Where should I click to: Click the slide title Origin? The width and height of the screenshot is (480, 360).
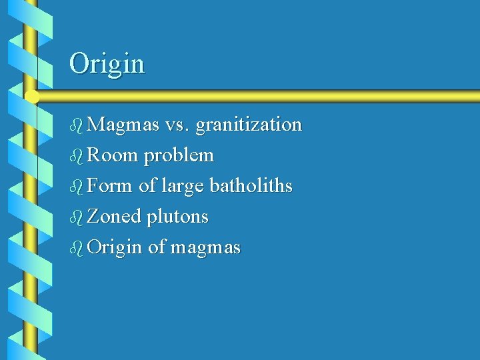tap(107, 64)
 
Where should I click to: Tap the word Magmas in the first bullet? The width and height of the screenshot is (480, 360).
tap(123, 125)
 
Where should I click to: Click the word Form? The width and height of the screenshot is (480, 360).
tap(109, 186)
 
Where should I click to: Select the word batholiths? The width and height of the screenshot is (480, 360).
tap(251, 186)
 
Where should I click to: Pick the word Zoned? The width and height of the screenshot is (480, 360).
tap(114, 217)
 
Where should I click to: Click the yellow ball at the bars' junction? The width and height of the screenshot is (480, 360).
tap(31, 97)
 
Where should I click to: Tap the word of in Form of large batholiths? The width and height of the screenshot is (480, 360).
tap(147, 186)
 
